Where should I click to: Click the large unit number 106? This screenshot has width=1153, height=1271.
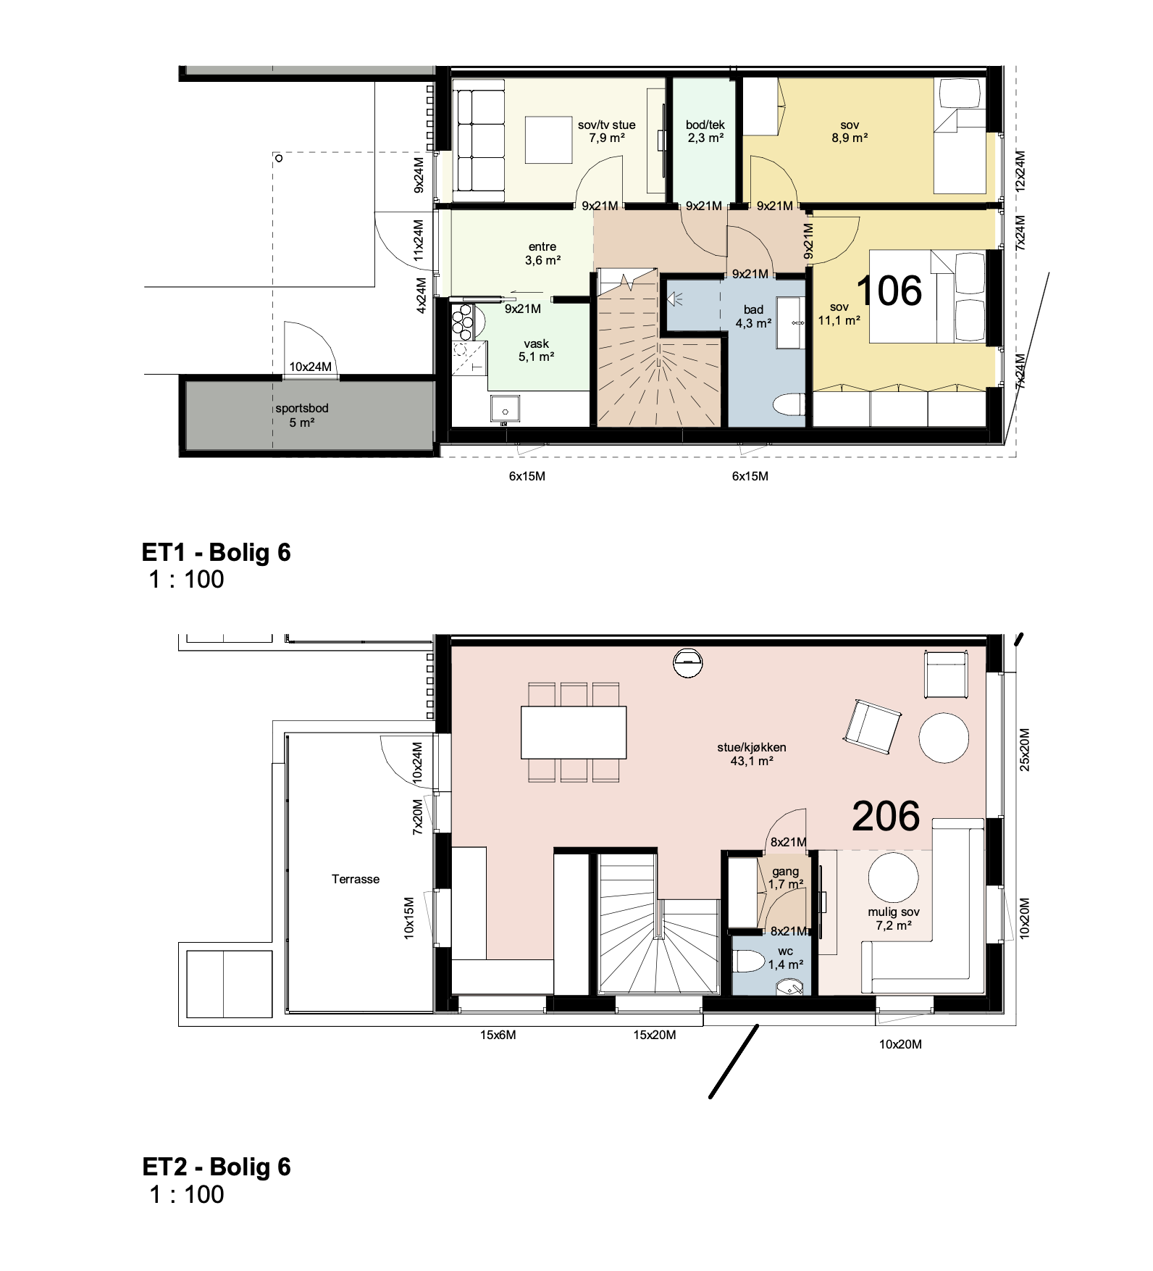[889, 291]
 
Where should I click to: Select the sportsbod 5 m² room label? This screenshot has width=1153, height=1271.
[302, 415]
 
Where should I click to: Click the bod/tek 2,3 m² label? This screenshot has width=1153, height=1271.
[705, 131]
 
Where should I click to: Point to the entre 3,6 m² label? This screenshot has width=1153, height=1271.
[542, 254]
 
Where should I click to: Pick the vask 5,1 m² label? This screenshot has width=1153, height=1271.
[537, 350]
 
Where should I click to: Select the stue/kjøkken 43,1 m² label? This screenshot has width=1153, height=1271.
[752, 754]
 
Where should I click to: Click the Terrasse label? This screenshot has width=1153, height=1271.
[356, 879]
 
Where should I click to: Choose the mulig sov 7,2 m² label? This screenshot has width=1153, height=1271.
[894, 919]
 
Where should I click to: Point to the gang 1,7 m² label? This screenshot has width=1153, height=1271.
[786, 878]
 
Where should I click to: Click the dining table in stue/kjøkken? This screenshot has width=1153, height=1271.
[574, 732]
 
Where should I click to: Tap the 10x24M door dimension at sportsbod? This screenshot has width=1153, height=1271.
[311, 367]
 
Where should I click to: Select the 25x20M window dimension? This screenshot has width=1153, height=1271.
[1024, 749]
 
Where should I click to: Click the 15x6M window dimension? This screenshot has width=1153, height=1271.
[498, 1035]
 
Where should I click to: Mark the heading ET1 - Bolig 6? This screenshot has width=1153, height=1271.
[217, 552]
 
